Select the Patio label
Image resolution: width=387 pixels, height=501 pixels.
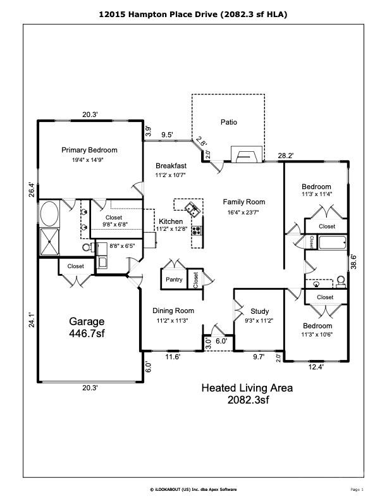tap(229, 121)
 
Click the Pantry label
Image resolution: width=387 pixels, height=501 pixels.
tap(174, 279)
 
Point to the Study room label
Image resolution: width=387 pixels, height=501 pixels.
tap(259, 311)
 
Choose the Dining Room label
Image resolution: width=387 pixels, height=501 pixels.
tap(173, 311)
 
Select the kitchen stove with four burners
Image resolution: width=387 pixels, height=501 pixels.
tap(197, 230)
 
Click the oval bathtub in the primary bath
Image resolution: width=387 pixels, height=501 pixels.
tap(49, 214)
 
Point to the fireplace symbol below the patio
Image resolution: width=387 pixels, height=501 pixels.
tap(244, 155)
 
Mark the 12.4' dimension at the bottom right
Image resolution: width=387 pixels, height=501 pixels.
tap(314, 367)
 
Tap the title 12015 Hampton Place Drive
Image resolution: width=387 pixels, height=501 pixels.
tap(193, 13)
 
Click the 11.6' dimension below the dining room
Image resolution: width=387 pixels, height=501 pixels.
tap(173, 357)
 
